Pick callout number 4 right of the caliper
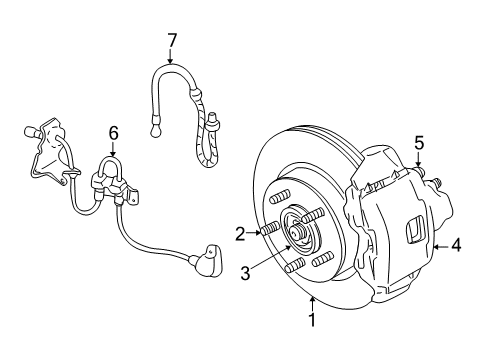[x=456, y=242]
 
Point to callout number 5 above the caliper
[x=420, y=142]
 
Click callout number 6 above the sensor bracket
[x=113, y=132]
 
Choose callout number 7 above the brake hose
[x=172, y=40]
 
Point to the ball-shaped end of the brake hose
[x=156, y=127]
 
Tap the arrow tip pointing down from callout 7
[x=172, y=62]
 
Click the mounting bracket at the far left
[x=44, y=150]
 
